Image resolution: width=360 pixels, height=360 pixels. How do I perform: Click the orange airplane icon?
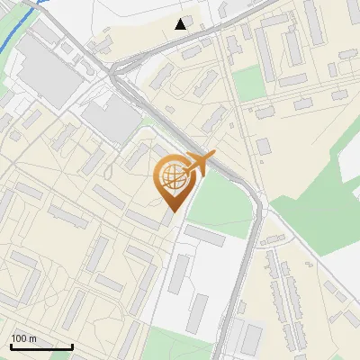click(199, 165)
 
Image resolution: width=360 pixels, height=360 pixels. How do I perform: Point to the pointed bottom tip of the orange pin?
click(172, 211)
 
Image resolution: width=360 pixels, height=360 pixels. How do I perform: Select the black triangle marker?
click(181, 24)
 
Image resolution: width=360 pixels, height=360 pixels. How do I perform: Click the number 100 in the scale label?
click(19, 338)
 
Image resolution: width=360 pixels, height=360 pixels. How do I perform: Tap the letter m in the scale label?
click(32, 338)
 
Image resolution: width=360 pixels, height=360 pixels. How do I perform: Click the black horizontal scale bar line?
click(41, 347)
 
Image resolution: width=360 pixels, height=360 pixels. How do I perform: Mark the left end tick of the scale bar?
click(11, 345)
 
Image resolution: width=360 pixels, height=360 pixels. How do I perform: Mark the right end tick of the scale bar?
click(72, 345)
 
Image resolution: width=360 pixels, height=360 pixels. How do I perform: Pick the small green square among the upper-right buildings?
click(250, 84)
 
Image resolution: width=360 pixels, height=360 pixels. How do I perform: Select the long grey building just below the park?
click(205, 236)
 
